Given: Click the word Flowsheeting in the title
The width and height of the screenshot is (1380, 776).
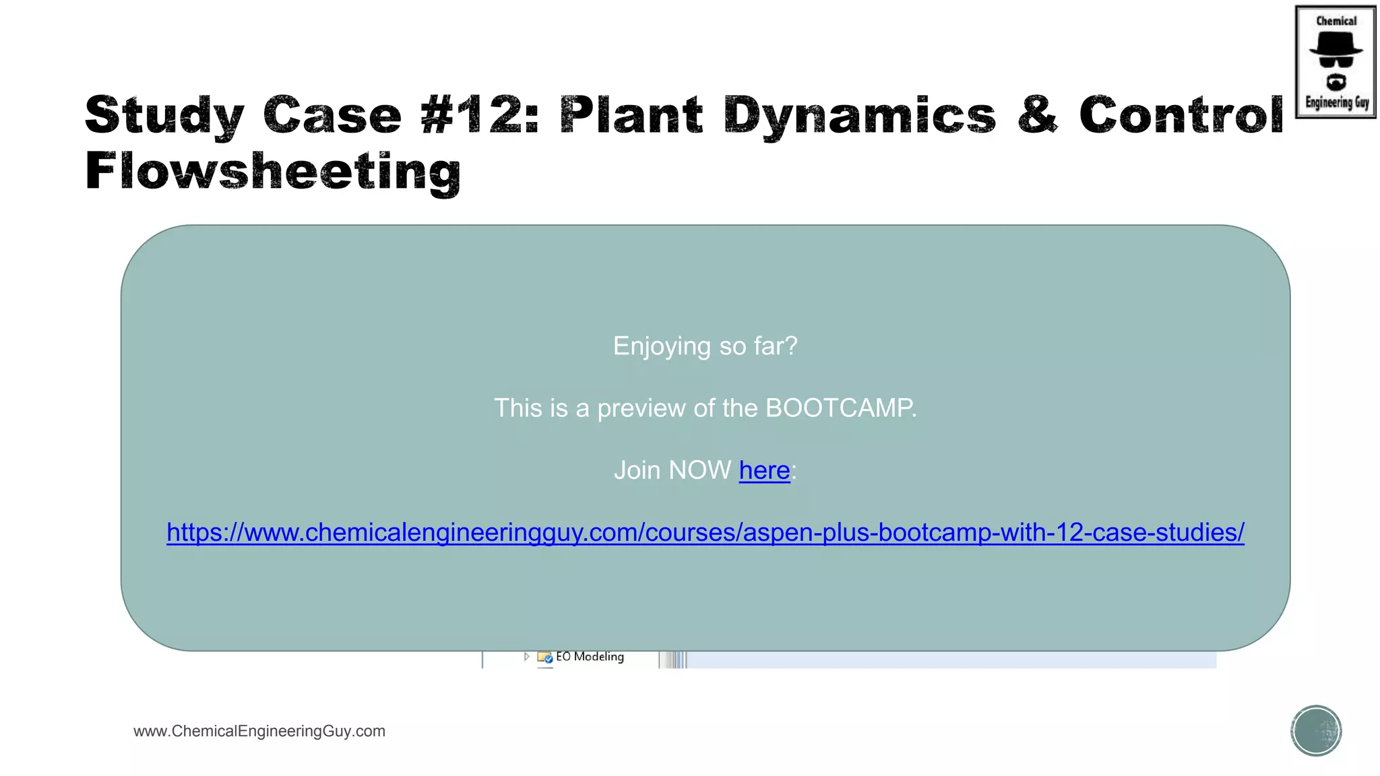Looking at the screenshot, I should [273, 171].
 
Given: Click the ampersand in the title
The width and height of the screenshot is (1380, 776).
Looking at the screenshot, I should [1038, 115].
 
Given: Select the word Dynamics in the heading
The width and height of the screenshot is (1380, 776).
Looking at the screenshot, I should [860, 115].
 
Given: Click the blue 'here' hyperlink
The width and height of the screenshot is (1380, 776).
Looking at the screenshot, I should [764, 470].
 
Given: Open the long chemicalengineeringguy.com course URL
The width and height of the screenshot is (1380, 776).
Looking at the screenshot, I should [705, 532].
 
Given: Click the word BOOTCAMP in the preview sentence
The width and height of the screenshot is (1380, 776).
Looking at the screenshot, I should [840, 408].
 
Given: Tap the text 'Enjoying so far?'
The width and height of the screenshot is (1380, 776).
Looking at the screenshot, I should [705, 346].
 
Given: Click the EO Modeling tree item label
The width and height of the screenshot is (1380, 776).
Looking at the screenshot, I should [590, 657].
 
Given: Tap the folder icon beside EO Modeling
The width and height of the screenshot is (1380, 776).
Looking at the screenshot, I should [544, 657].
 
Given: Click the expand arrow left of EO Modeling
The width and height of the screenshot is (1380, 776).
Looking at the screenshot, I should [526, 656].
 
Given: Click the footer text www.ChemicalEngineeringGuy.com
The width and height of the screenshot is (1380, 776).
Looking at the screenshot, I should [259, 731].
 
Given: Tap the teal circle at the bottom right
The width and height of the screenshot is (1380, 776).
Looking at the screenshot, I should [1316, 731].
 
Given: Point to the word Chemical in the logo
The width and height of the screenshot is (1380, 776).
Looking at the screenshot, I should [1336, 21].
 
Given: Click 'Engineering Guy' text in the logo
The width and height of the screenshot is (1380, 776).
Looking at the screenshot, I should [1337, 102].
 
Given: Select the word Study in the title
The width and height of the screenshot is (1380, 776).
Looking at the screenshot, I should [164, 115].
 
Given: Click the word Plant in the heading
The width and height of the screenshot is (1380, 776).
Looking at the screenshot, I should [631, 115].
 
